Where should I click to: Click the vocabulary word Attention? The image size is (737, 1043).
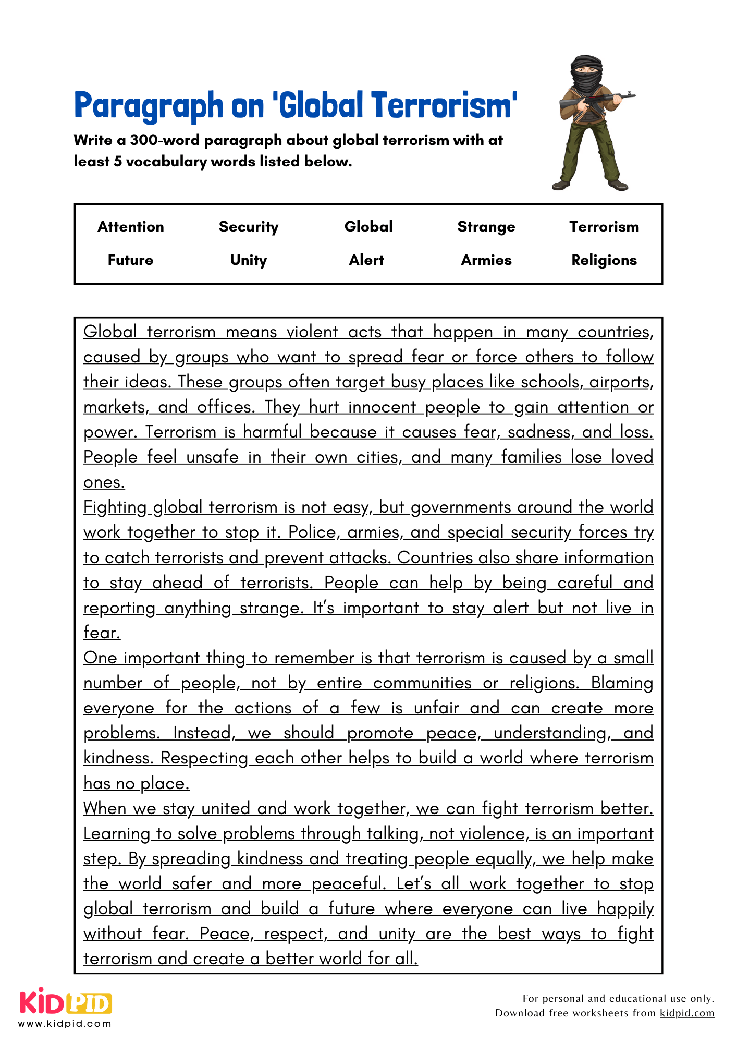click(131, 227)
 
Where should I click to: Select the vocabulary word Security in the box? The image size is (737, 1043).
click(249, 227)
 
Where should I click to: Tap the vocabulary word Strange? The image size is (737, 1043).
click(486, 227)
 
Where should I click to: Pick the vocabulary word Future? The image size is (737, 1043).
click(130, 260)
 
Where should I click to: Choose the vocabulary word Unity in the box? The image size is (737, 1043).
click(249, 260)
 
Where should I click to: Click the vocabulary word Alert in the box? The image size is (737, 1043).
click(366, 260)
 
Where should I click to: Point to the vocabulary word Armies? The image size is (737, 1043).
click(486, 260)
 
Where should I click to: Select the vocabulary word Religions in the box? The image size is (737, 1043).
click(604, 260)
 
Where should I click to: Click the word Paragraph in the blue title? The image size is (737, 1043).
click(149, 106)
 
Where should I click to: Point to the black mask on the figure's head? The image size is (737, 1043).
click(587, 73)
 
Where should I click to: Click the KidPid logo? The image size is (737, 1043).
click(66, 1001)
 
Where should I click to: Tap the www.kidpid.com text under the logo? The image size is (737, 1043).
click(65, 1024)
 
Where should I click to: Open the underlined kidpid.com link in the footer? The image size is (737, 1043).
click(686, 1013)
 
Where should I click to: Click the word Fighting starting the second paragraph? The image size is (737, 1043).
click(115, 507)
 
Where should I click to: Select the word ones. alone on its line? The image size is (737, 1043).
click(104, 482)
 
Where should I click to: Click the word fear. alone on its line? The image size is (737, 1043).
click(102, 633)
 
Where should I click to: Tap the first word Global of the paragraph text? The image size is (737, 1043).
click(110, 332)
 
